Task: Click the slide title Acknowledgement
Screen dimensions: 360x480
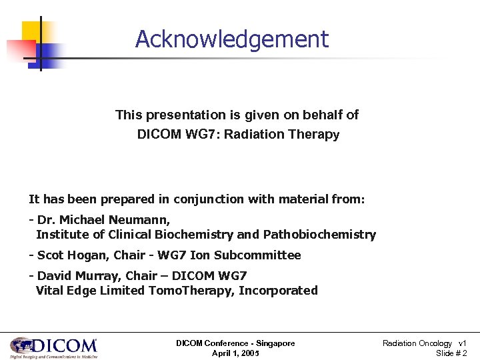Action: point(231,39)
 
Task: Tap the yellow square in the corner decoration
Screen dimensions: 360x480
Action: point(35,32)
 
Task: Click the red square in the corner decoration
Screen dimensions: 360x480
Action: point(20,51)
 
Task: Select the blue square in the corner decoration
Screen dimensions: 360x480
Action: point(51,55)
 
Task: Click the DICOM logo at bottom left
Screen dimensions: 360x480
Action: point(53,347)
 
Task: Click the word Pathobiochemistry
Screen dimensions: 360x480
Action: point(319,235)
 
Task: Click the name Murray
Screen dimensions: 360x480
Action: point(93,276)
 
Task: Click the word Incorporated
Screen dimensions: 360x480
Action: point(278,291)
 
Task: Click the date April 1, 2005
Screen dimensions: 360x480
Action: point(235,353)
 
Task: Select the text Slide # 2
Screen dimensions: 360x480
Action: point(451,353)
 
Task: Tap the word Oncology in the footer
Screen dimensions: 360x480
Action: point(435,343)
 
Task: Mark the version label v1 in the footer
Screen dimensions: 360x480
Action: point(463,343)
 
